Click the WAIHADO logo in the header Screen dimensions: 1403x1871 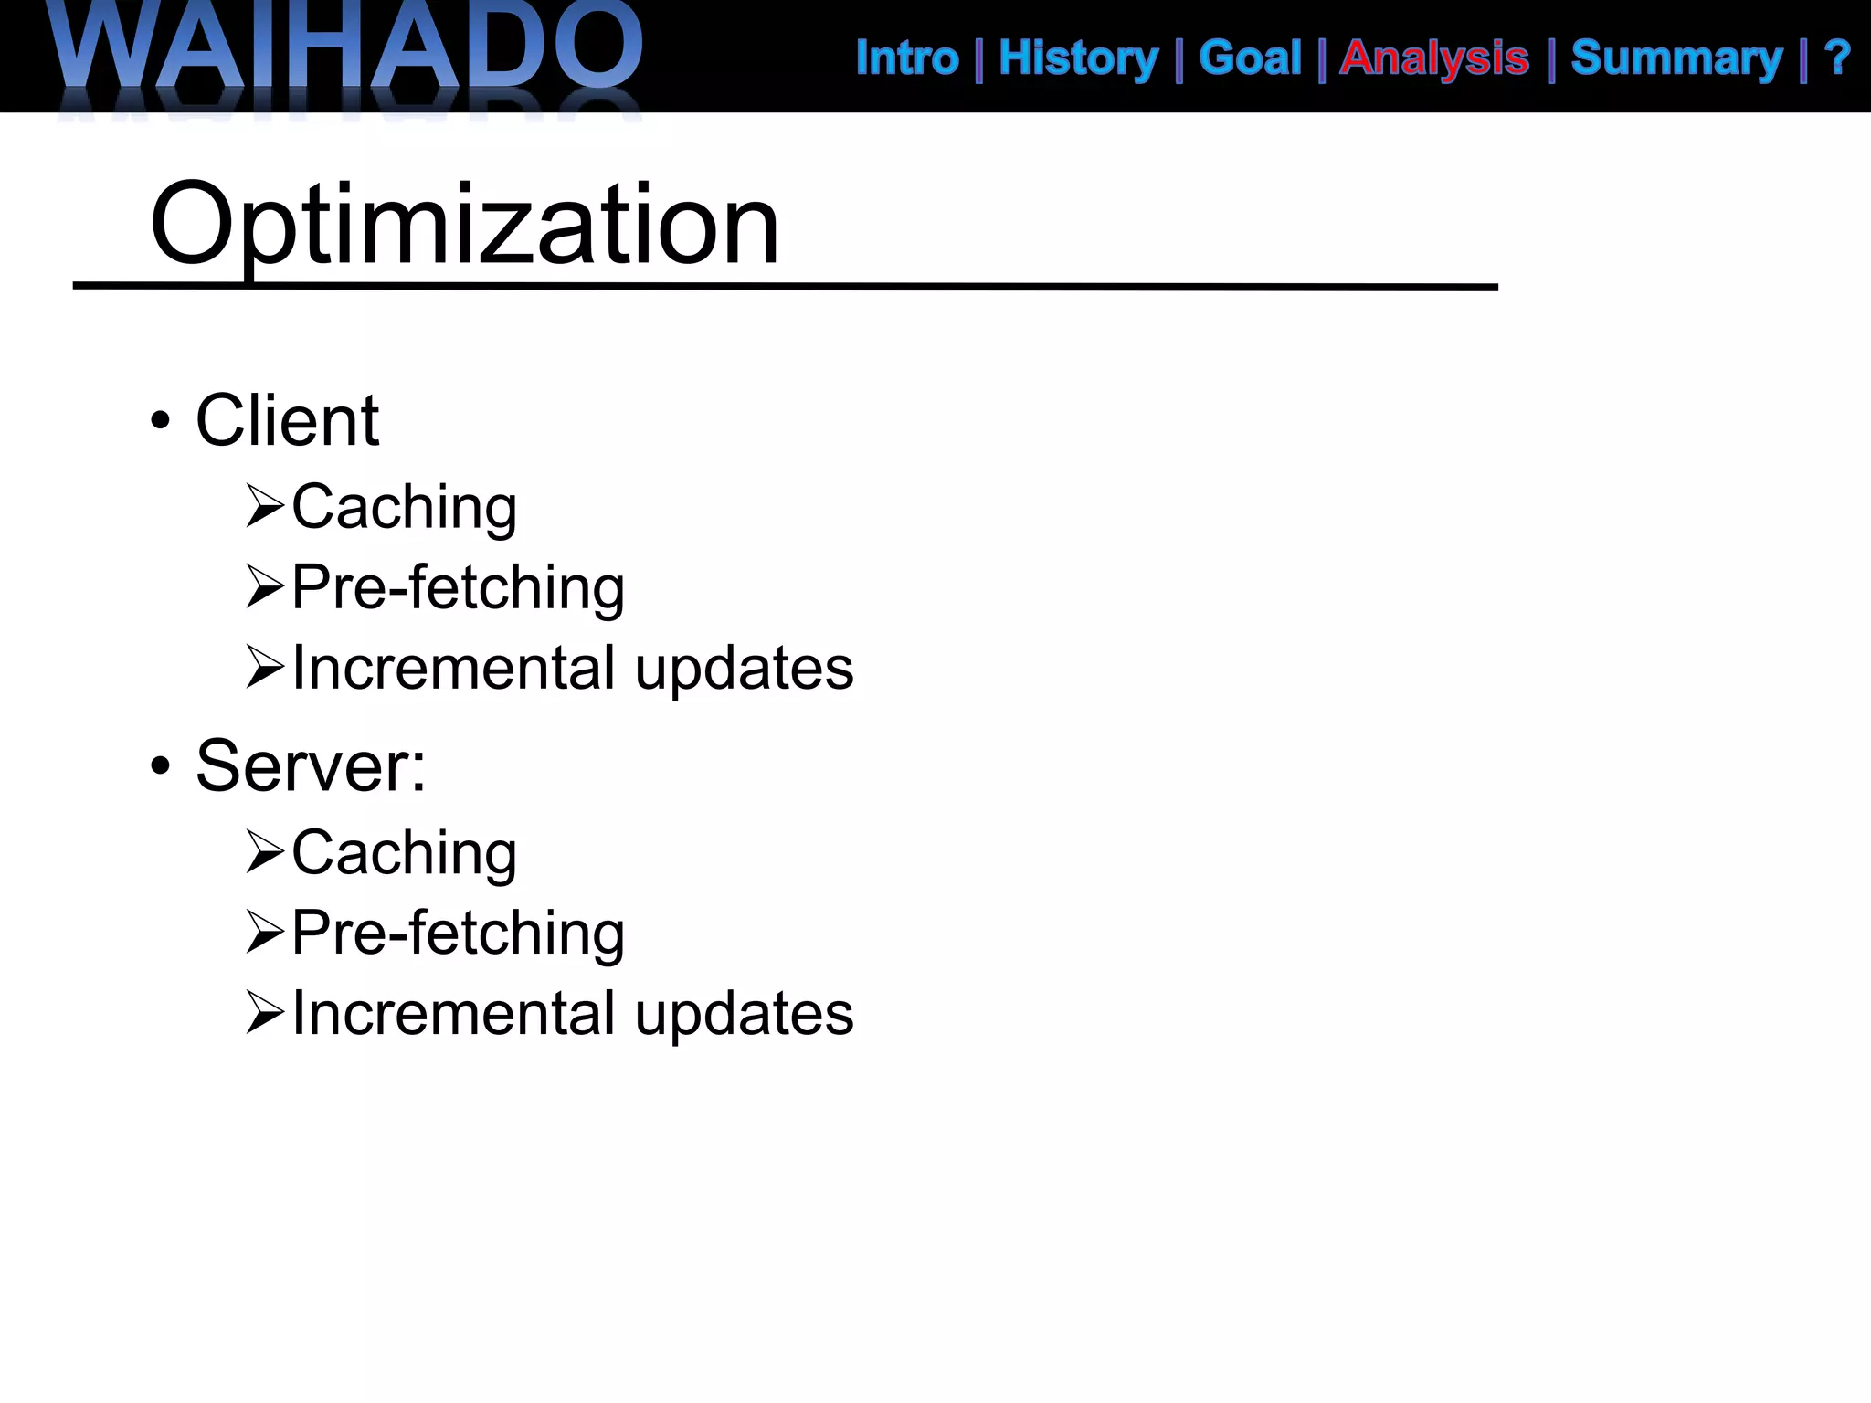[x=347, y=50]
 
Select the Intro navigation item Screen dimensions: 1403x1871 [x=907, y=58]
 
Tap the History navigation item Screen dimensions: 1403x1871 [x=1078, y=58]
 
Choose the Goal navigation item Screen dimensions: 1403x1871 [x=1249, y=58]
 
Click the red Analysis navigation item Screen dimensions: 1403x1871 [x=1433, y=58]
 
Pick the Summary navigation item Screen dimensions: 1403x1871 [x=1676, y=58]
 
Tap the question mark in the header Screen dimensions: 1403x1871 [x=1836, y=58]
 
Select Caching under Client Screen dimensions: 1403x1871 [x=404, y=507]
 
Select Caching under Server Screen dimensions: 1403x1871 [x=404, y=852]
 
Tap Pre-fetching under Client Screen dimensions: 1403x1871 [x=458, y=587]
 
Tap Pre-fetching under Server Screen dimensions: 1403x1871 [x=458, y=933]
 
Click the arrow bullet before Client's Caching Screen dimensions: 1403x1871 [x=265, y=507]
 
